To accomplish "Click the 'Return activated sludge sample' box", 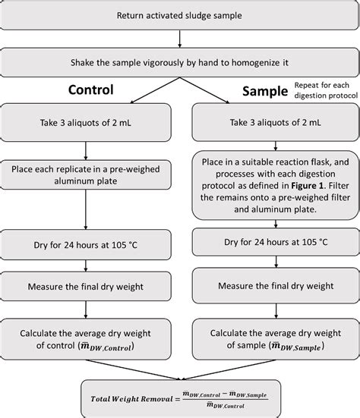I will [179, 16].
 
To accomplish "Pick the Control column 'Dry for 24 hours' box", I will [90, 244].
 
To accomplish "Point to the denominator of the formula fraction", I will [227, 404].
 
